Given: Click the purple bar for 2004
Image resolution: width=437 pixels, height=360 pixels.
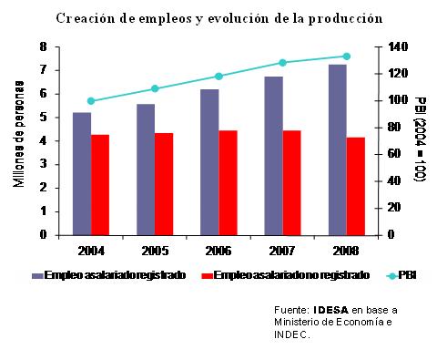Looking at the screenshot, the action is tap(82, 174).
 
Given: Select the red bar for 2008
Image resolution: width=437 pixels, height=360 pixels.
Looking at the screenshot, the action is tap(356, 187).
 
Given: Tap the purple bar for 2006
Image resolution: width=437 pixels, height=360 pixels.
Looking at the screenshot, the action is tap(209, 162).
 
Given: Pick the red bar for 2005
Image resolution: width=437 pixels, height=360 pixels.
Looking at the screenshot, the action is tap(164, 184).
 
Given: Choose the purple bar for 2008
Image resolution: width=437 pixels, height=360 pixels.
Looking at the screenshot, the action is tap(338, 149).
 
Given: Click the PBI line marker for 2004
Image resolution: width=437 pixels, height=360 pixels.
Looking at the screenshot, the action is tap(91, 101).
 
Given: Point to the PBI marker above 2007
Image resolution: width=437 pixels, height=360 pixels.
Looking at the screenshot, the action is tap(282, 63).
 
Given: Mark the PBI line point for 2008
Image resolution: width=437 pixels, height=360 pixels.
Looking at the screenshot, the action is tap(347, 57).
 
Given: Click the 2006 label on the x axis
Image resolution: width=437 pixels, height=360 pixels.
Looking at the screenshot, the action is tap(218, 251).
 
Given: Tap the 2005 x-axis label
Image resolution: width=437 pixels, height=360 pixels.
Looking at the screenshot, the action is tap(155, 251).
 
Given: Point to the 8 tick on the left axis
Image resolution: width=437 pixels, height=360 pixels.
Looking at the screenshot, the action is tap(44, 46).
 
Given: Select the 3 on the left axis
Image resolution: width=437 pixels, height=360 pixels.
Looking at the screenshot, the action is tap(44, 164).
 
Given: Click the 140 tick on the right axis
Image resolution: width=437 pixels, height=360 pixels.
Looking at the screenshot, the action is tap(398, 46).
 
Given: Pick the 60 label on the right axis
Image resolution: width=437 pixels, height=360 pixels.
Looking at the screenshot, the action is tap(394, 154).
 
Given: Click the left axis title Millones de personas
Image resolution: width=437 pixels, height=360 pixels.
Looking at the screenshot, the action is tap(19, 134).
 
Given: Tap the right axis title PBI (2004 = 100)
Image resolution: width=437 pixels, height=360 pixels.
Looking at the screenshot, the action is tap(421, 139).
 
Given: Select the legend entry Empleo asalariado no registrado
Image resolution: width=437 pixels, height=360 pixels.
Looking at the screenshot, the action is tap(286, 275).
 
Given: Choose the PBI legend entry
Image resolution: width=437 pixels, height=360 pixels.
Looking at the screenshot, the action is tap(401, 275).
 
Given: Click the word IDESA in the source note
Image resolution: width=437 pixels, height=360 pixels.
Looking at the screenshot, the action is tap(330, 310).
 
